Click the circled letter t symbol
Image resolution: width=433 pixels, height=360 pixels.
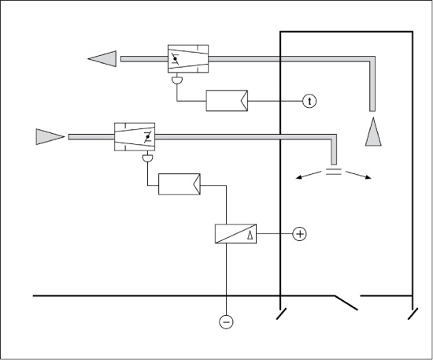coord(309,101)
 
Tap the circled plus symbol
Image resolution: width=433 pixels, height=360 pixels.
coord(300,234)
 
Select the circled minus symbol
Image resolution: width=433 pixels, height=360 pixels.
coord(226,322)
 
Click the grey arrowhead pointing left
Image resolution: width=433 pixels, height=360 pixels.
coord(102,59)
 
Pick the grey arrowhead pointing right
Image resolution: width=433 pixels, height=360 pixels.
coord(50,137)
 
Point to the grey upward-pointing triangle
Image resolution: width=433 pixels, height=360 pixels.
coord(373,132)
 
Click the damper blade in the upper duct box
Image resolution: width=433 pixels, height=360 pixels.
coord(175,58)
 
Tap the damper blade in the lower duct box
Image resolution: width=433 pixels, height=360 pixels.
coord(148,137)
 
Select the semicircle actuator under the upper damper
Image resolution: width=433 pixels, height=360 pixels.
coord(177,80)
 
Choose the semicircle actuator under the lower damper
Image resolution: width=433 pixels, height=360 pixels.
coord(148,158)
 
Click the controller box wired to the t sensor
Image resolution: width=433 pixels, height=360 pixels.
coord(227,101)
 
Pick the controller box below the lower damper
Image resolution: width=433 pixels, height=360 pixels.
coord(179,184)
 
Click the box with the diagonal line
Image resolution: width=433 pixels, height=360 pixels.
coord(235,234)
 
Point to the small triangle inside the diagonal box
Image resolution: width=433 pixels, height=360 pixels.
coord(250,235)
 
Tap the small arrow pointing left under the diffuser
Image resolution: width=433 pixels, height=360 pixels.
coord(309,175)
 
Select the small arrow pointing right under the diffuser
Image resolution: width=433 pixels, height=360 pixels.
coord(358,175)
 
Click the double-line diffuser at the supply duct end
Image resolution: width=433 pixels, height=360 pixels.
coord(334,172)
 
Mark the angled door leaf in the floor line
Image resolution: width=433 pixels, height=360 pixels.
coord(346,302)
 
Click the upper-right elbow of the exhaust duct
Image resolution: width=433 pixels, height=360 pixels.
coord(372,59)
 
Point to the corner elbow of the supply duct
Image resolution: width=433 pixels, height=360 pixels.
coord(334,137)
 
